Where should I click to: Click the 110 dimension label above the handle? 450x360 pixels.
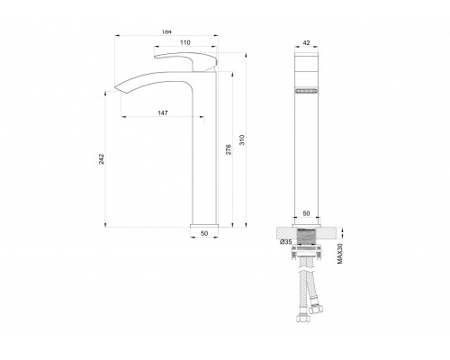185,42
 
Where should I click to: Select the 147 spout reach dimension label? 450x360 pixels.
163,112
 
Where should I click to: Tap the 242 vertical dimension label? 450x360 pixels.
102,159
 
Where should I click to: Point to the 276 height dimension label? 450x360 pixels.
229,149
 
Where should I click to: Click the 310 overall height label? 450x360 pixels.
242,140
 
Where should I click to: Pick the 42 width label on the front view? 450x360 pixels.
306,43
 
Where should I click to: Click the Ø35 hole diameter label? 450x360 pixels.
286,242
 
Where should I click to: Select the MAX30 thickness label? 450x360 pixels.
340,254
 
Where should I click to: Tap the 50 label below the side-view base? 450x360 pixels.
204,233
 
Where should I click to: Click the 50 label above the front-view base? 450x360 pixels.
306,213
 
